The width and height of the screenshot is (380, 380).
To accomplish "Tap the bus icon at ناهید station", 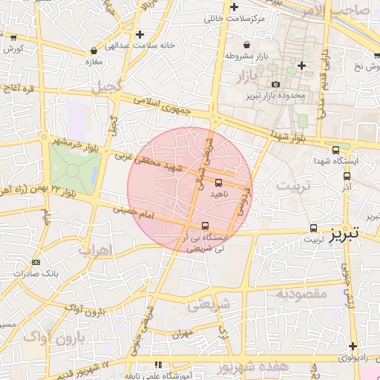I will [x=218, y=182].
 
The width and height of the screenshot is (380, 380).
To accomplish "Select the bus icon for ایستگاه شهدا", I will [x=336, y=149].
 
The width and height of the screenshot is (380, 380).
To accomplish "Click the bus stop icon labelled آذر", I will [x=347, y=176].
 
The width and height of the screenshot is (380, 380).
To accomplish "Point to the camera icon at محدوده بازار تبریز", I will [x=276, y=85].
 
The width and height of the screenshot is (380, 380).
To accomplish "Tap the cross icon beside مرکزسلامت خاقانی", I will [x=234, y=7].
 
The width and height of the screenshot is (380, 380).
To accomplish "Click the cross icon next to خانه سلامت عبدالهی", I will [x=140, y=34].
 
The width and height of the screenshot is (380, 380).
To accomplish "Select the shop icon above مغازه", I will [x=93, y=50].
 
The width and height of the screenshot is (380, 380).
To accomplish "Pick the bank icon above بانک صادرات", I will [x=36, y=262].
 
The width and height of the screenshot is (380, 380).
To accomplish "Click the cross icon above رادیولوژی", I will [x=353, y=346].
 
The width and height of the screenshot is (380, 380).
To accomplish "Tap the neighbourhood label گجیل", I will [x=105, y=88].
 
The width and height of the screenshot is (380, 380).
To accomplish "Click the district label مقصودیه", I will [x=301, y=294].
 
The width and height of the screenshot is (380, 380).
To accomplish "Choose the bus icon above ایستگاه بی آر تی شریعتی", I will [x=206, y=226].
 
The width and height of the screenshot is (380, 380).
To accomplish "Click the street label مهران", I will [x=180, y=333].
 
